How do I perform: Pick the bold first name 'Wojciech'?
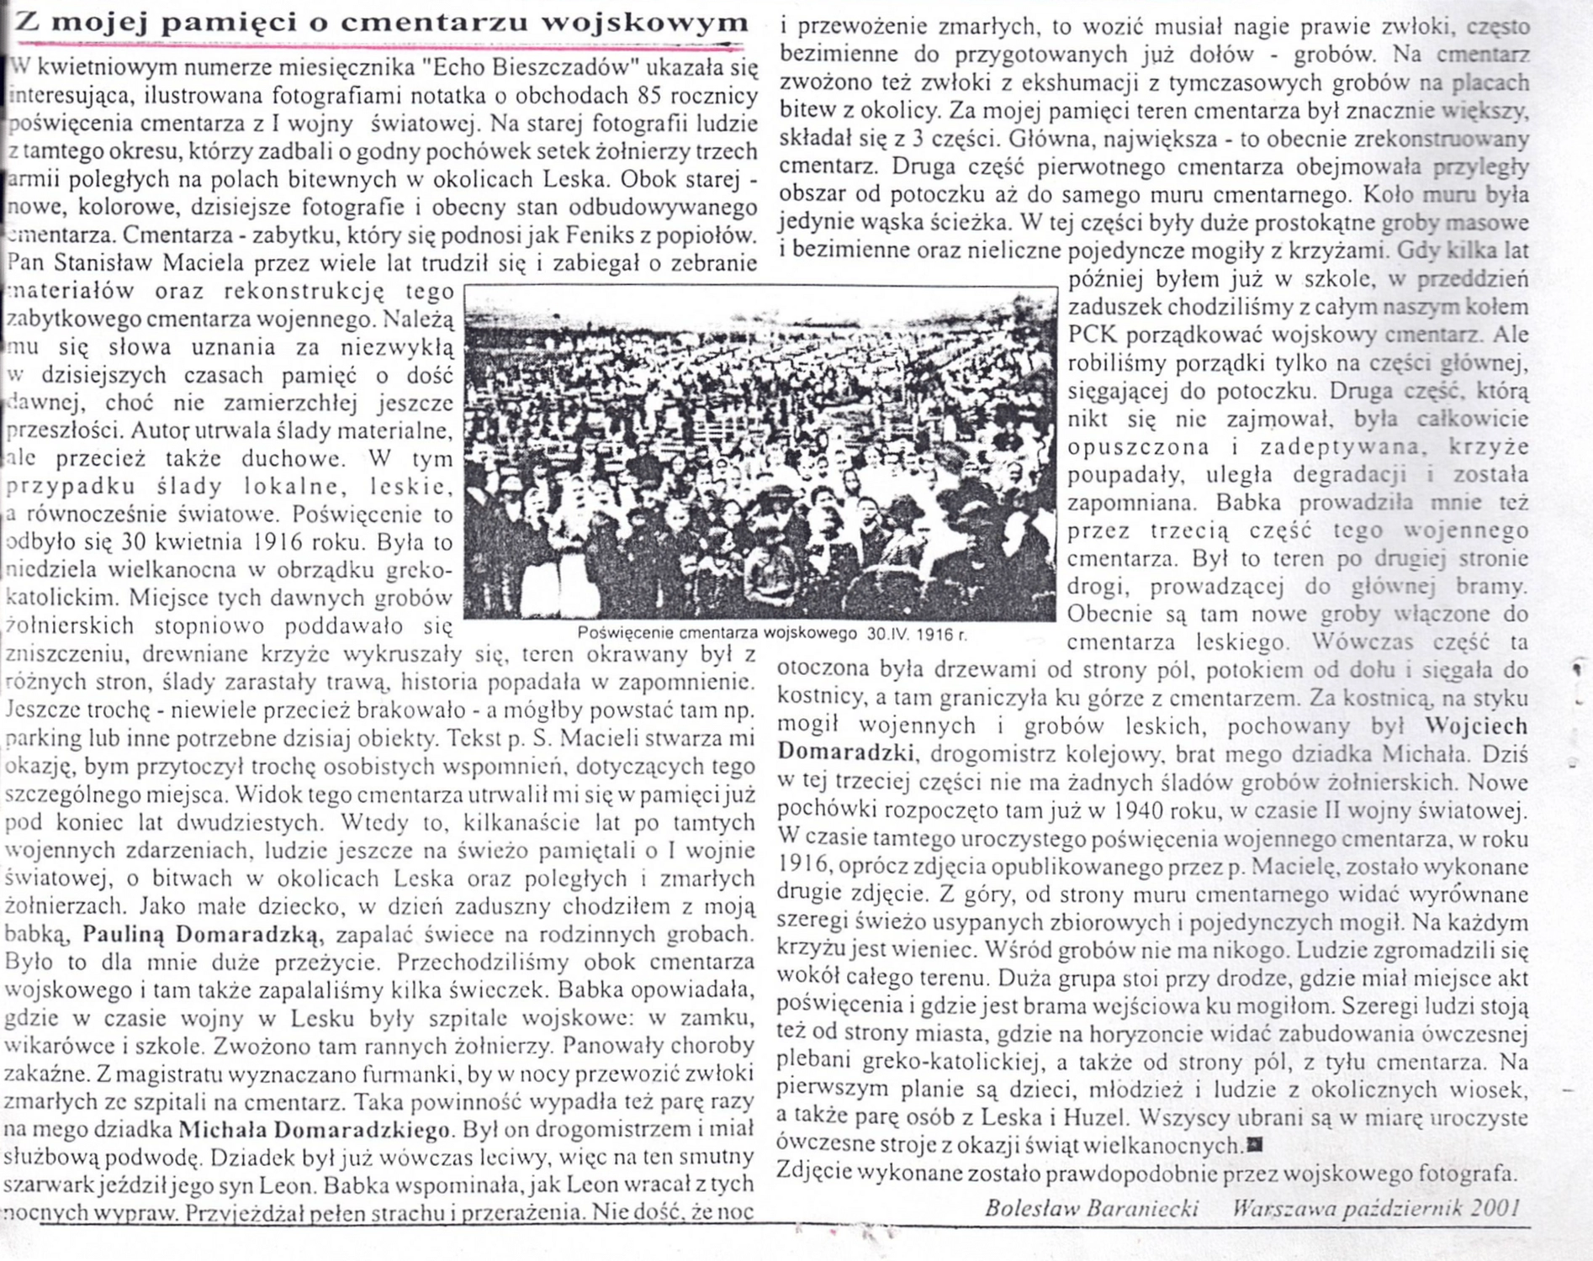click(1477, 725)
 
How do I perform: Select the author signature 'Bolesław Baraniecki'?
click(1091, 1209)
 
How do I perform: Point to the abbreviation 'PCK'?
click(1092, 335)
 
